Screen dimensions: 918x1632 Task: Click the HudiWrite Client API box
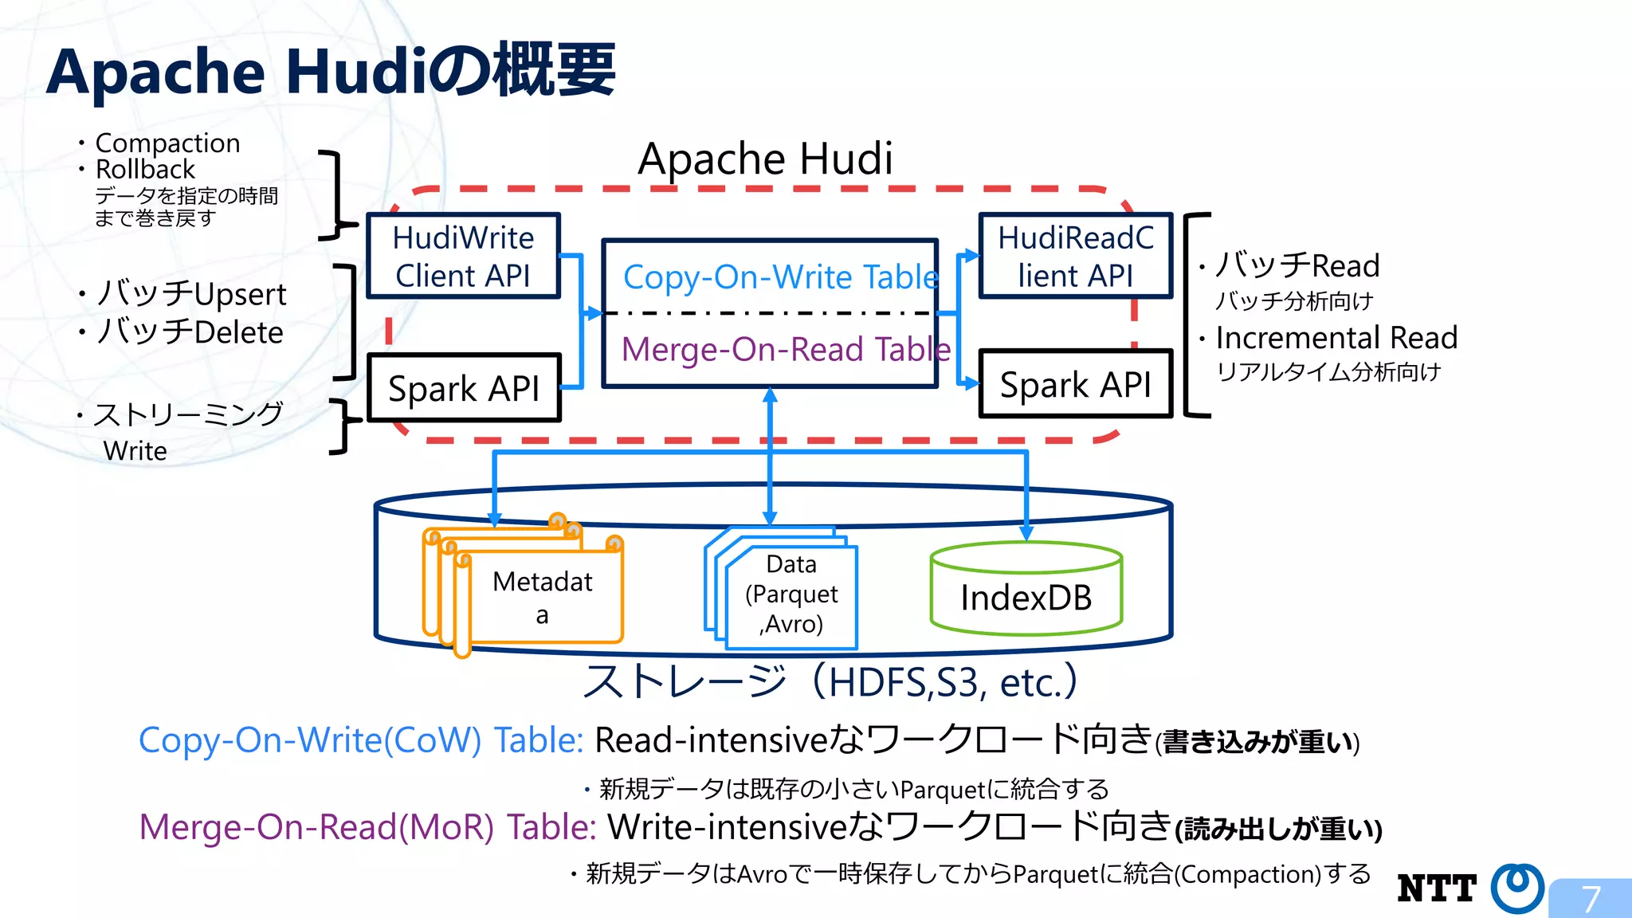tap(463, 256)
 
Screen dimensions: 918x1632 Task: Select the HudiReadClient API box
tap(1075, 256)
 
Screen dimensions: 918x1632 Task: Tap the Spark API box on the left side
tap(463, 388)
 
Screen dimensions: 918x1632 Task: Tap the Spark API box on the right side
tap(1075, 384)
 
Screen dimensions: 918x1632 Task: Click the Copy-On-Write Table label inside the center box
tap(779, 277)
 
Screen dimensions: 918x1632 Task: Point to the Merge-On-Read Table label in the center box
tap(785, 349)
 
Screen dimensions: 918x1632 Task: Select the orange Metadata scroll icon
tap(526, 590)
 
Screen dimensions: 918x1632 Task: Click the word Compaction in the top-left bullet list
tap(167, 143)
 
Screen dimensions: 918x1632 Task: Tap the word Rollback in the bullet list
tap(145, 169)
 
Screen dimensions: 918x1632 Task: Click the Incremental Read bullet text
tap(1336, 337)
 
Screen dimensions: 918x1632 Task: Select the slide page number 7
tap(1591, 899)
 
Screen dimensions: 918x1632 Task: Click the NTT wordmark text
tap(1437, 889)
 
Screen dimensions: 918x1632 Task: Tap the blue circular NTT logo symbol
tap(1516, 887)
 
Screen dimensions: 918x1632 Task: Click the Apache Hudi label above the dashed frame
tap(765, 159)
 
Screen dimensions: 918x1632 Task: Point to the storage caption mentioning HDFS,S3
tap(830, 682)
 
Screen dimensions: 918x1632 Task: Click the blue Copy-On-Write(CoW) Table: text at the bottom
tap(361, 739)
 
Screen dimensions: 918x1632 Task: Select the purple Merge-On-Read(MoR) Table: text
tap(367, 826)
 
